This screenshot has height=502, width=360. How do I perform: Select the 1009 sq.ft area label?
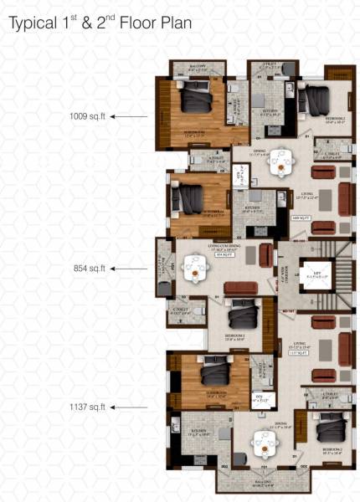pyautogui.click(x=86, y=117)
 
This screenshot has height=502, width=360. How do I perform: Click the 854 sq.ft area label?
pyautogui.click(x=88, y=269)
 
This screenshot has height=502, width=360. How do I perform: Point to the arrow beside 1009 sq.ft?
pyautogui.click(x=123, y=117)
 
